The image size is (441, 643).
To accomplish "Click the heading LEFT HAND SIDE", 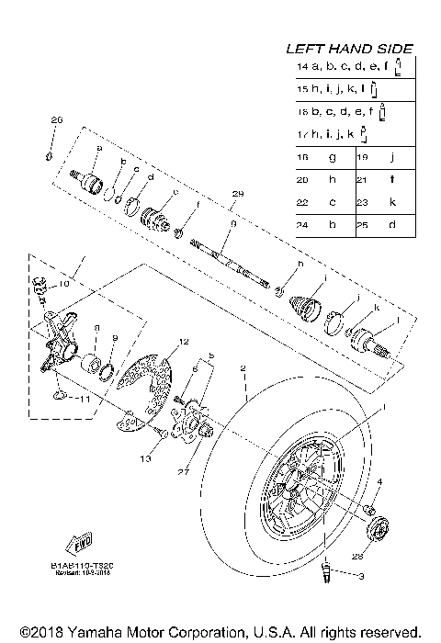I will tap(349, 49).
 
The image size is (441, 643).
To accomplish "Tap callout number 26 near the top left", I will tap(56, 120).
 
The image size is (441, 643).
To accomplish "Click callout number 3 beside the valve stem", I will tap(361, 577).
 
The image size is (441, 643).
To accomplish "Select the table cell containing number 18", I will tap(303, 157).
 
